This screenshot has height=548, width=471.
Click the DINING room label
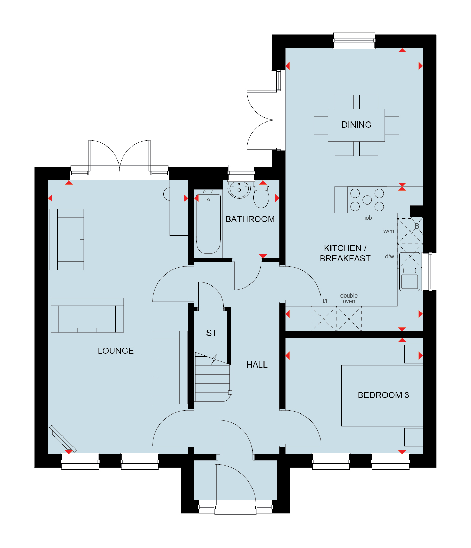coord(356,125)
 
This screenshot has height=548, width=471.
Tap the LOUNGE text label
coord(115,351)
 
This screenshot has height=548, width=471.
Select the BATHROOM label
coord(250,219)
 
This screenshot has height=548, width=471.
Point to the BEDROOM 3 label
coord(383,395)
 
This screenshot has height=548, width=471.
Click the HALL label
coord(257,364)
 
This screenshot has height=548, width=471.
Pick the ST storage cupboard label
coord(212,333)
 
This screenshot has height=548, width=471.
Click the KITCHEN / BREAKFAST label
coord(345,253)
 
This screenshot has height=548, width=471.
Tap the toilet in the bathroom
coord(261,195)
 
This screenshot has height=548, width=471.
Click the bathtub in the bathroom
coord(208,224)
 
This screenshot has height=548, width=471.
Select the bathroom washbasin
coord(239,189)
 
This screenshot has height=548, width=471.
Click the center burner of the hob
coord(367,200)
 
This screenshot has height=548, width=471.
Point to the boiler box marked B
coord(417,226)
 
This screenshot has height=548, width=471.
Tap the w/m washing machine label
coord(389,231)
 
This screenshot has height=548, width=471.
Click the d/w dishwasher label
coord(390,256)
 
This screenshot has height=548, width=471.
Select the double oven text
coord(349,298)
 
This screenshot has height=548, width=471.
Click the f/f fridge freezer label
coord(325,301)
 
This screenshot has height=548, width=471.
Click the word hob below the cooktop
coord(367,218)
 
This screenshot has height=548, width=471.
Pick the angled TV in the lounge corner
coord(63,439)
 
